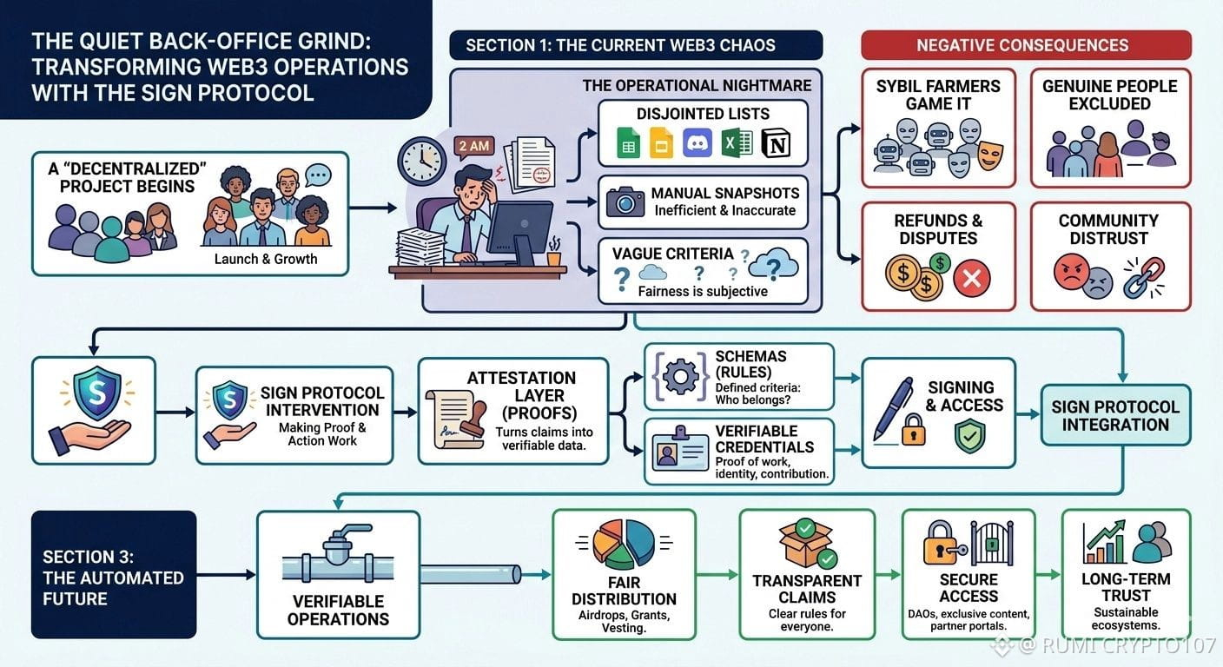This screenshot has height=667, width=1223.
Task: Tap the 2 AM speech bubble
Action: click(x=473, y=146)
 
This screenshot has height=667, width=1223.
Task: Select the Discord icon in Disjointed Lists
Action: click(x=697, y=142)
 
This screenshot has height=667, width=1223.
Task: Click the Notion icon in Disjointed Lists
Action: click(x=775, y=142)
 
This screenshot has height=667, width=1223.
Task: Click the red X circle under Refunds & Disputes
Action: click(x=970, y=279)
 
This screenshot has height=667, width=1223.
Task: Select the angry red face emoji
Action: click(x=1071, y=272)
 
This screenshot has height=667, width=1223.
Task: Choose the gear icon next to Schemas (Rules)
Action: click(x=678, y=376)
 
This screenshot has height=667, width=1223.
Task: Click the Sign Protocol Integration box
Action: click(x=1115, y=415)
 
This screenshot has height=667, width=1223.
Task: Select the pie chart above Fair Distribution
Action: click(x=624, y=544)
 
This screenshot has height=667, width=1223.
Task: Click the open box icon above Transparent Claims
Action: click(x=807, y=544)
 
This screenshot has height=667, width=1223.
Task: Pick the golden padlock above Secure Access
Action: click(x=942, y=544)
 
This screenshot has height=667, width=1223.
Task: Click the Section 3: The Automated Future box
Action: click(x=113, y=575)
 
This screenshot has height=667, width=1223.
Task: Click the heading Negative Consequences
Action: click(x=1025, y=45)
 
